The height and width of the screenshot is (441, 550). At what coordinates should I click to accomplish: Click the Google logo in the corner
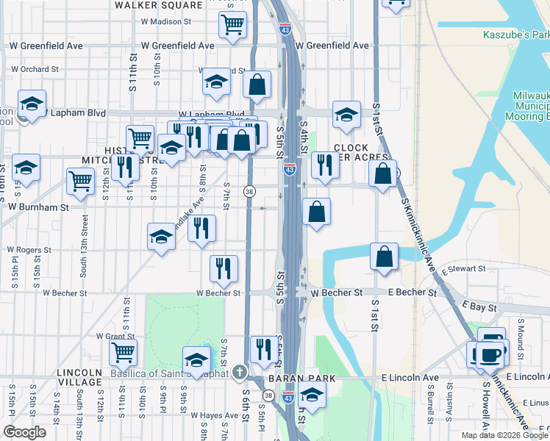point(24,431)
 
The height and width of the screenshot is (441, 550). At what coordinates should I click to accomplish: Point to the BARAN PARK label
point(312,378)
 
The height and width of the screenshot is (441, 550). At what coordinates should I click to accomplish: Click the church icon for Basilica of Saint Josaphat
point(238,372)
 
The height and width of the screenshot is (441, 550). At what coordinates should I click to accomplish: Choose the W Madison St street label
point(166,22)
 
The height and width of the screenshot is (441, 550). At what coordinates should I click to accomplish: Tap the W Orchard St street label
point(35,70)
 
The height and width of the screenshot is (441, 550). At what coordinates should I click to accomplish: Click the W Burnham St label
point(38,207)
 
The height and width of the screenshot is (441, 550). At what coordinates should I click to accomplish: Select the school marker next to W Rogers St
point(162,237)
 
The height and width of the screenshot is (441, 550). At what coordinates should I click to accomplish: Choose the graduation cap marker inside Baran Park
point(312,395)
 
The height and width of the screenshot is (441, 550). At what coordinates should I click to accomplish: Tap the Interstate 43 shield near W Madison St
point(285,29)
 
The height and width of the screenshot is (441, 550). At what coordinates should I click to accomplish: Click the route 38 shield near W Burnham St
point(250,192)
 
